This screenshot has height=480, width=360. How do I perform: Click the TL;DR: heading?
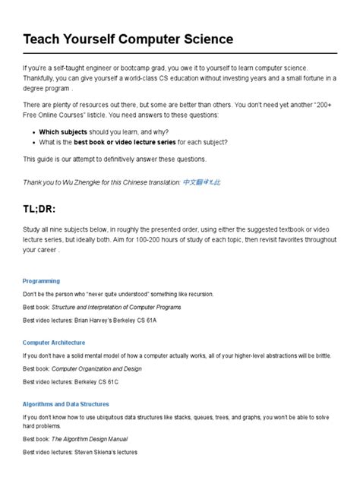[46, 210]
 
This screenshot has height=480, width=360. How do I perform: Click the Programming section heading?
[41, 281]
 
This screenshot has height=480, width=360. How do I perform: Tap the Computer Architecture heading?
[54, 343]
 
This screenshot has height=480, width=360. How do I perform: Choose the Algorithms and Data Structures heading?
[66, 404]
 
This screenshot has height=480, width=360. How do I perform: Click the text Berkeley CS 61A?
[143, 322]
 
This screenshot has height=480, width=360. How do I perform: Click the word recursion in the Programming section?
[198, 294]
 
